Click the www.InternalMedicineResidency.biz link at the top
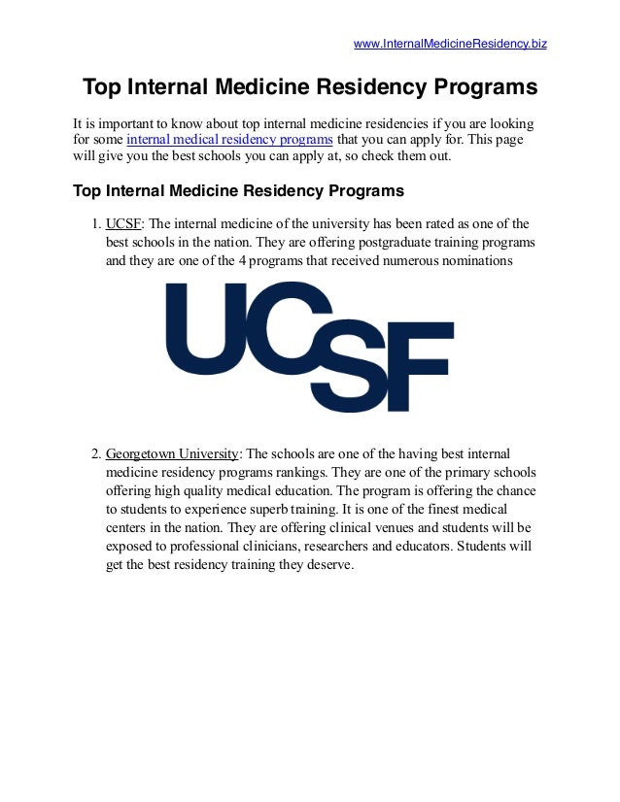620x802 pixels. pos(450,44)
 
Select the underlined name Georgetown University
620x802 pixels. pos(171,453)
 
